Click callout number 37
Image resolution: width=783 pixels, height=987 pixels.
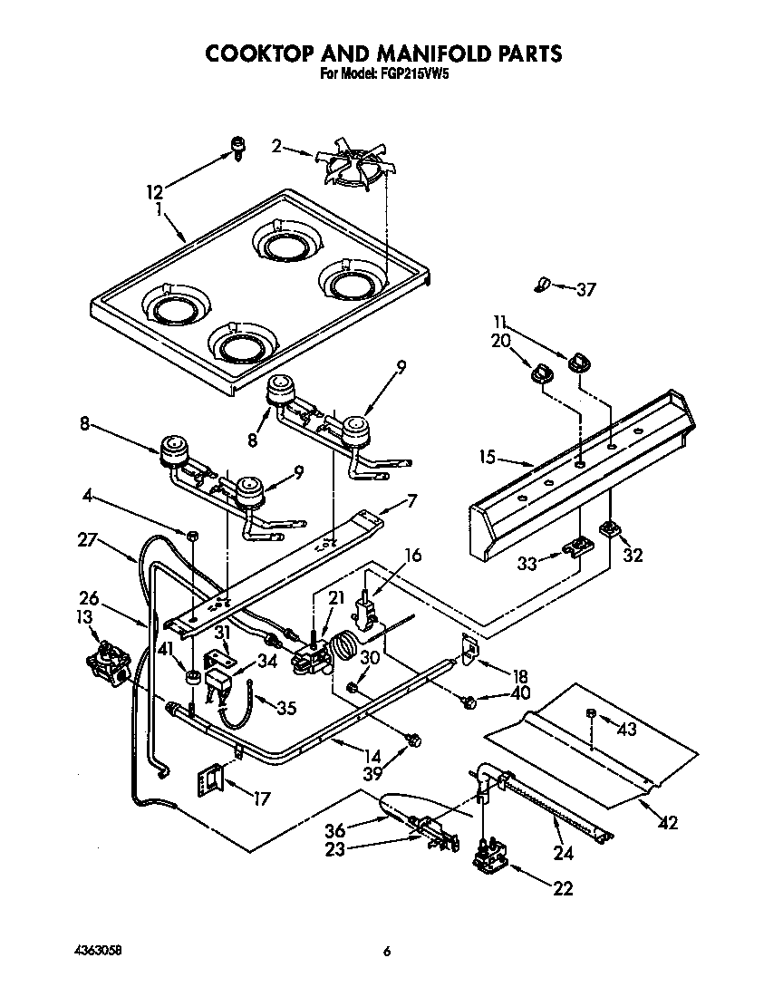point(586,290)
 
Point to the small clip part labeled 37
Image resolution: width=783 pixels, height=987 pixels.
point(542,285)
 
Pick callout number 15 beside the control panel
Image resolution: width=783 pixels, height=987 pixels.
point(488,458)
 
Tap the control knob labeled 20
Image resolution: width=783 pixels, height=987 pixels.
point(541,373)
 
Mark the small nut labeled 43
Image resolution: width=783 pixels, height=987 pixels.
point(590,715)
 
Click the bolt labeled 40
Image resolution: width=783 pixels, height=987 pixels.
point(469,701)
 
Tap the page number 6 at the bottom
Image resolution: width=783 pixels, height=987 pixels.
point(387,951)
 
